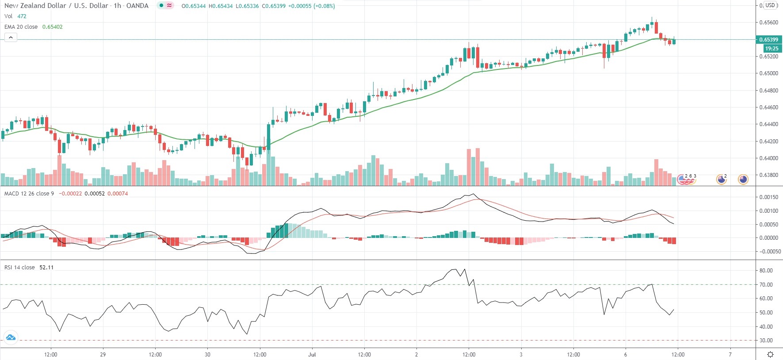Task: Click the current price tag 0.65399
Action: tap(768, 40)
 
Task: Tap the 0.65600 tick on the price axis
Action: tap(768, 23)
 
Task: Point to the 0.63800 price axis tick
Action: tap(768, 175)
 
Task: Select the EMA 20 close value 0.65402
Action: tap(52, 27)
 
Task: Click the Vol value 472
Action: tap(22, 16)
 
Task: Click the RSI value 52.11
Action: tap(46, 268)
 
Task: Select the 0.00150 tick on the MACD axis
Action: tap(768, 197)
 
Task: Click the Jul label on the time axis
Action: tap(312, 355)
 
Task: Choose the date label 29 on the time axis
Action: tap(103, 355)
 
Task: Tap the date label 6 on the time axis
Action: tap(626, 355)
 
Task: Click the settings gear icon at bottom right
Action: tap(770, 355)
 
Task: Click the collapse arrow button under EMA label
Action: tap(11, 38)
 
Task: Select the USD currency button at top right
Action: tap(771, 5)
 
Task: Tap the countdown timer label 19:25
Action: tap(772, 49)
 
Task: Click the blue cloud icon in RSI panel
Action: tap(11, 338)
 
